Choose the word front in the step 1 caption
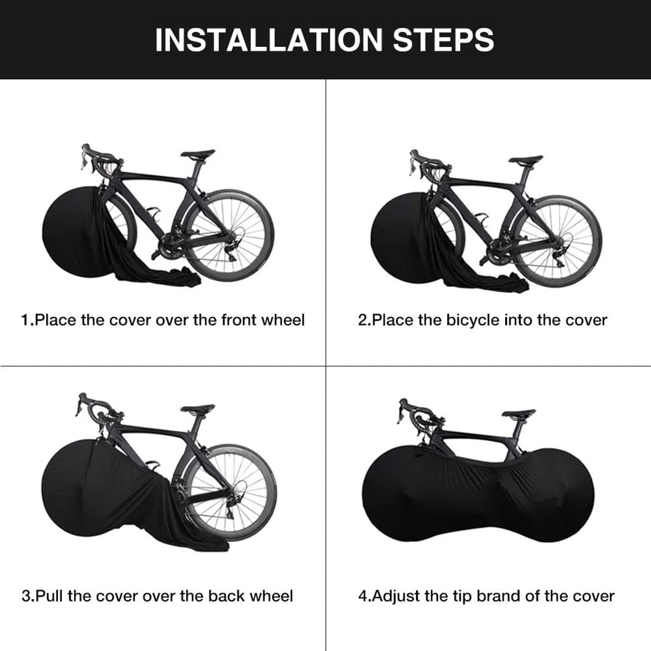242,320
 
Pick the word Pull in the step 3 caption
50,596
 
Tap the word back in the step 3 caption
222,596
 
